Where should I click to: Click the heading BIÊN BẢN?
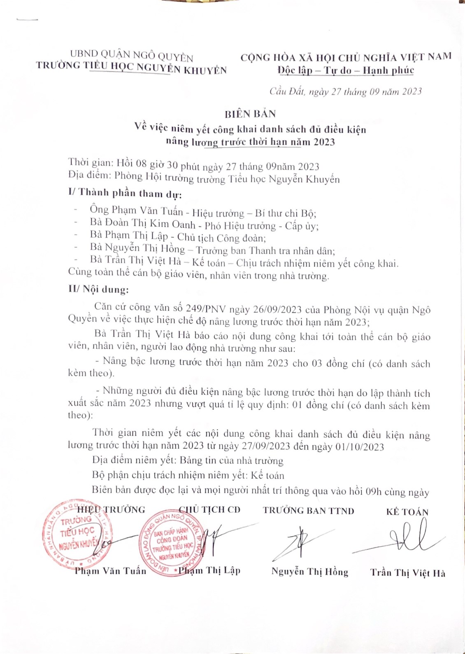point(250,114)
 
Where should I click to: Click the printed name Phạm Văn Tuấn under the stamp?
point(110,571)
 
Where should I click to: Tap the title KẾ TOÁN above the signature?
point(407,512)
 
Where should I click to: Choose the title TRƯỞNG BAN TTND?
point(309,511)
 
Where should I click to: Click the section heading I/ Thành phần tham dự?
point(125,193)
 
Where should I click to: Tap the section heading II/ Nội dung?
point(98,290)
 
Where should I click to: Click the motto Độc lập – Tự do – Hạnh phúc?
point(346,70)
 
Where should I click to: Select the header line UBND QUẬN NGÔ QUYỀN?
point(131,55)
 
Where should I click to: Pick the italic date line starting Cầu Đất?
point(346,91)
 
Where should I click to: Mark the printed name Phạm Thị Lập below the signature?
point(210,570)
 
